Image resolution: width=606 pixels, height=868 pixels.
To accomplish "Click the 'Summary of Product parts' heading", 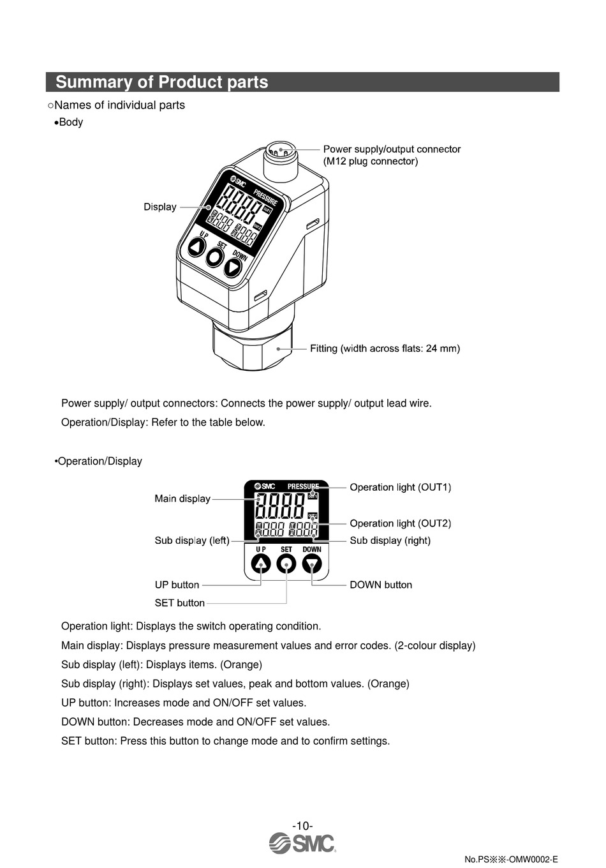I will [162, 82].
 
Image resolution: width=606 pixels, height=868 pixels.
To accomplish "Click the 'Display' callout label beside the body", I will [159, 207].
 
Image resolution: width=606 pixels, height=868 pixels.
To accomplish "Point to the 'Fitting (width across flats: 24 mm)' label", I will [385, 348].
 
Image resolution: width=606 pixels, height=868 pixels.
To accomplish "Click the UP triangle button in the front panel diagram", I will [261, 564].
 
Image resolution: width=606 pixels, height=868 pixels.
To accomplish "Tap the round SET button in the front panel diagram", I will [286, 564].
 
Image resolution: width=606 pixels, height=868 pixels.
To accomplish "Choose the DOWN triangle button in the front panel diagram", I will [312, 564].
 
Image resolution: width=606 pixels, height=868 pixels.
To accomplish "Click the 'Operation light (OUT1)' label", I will [400, 488].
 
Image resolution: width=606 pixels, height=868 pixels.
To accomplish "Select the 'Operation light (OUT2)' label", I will [400, 523].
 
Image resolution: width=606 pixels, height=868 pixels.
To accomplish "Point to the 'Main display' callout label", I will [182, 498].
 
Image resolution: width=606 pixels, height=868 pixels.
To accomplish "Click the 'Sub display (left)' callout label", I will [191, 541].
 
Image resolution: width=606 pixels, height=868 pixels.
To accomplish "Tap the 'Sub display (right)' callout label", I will [390, 541].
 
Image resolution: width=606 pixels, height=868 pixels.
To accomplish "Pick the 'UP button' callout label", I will [177, 585].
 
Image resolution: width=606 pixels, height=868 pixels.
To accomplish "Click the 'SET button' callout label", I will [179, 603].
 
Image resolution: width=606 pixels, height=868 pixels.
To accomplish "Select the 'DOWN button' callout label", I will [381, 585].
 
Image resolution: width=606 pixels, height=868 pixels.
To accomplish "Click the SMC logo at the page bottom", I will [302, 844].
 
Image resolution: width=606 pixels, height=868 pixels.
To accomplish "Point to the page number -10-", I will [302, 826].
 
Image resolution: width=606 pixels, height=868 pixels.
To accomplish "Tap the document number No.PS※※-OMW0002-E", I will [511, 859].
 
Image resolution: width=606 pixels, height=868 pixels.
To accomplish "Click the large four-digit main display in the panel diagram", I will [280, 507].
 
